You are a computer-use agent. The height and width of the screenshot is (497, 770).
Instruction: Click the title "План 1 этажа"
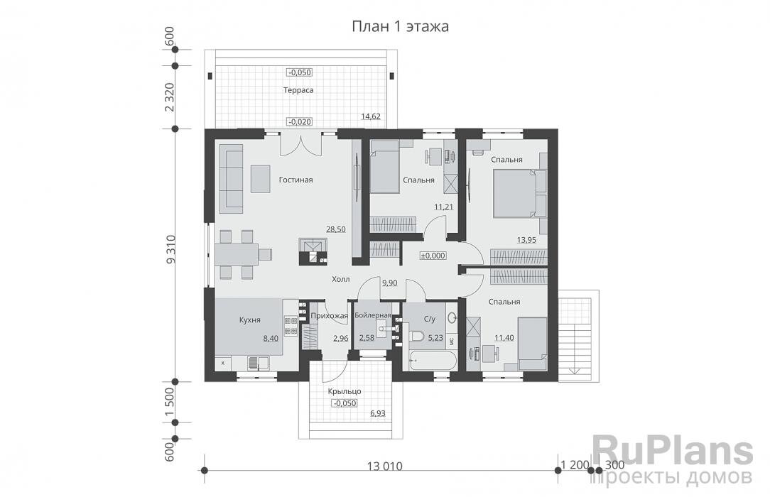400,27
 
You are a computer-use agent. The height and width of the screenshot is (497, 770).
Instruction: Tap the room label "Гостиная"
295,180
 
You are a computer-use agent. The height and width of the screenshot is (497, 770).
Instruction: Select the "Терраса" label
298,91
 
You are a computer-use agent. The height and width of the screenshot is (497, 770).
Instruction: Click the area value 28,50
335,230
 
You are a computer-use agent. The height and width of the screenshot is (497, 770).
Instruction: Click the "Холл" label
340,280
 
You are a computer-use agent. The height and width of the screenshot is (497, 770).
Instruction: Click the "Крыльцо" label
345,391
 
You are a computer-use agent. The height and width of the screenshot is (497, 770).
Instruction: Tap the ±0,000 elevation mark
433,256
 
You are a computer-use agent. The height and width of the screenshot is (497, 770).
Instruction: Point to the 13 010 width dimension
385,466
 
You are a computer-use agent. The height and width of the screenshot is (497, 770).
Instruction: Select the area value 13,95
526,241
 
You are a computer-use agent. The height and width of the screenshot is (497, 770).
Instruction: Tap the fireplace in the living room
313,249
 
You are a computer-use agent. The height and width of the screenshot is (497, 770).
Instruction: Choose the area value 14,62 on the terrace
371,116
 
